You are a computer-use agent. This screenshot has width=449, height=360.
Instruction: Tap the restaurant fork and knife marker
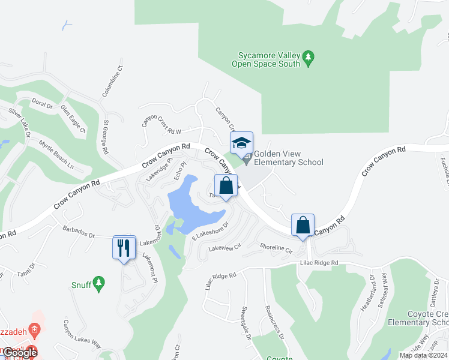124,247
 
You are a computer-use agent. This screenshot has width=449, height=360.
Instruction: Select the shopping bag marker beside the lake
226,186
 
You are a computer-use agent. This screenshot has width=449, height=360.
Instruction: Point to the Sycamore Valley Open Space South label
266,59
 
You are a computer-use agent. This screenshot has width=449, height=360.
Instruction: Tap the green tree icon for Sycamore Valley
309,58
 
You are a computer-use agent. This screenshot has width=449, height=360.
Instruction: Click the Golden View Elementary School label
288,158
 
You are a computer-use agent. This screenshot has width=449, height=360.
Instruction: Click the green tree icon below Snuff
99,282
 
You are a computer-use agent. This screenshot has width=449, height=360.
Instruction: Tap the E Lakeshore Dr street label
210,232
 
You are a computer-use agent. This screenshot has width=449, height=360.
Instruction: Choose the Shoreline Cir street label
276,247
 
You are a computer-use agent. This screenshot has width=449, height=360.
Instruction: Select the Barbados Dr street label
80,233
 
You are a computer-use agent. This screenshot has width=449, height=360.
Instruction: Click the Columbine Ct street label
112,81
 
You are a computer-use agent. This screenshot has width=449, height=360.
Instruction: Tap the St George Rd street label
105,137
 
